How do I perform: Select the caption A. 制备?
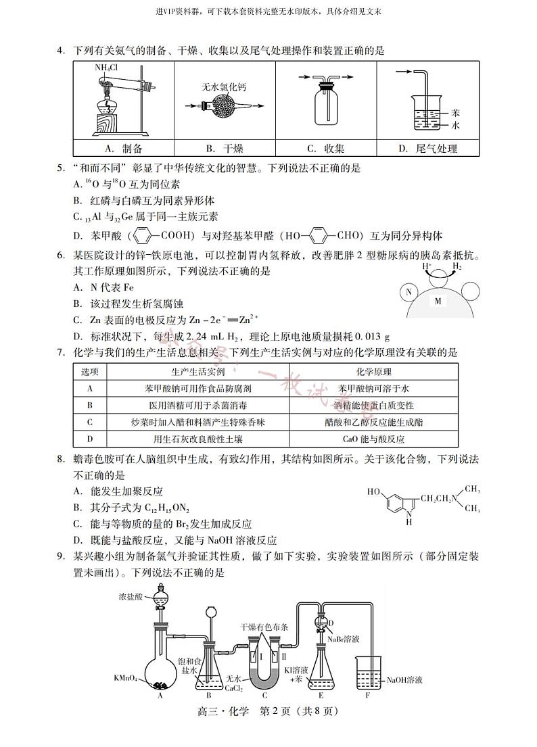[124, 149]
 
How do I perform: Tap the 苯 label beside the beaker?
[456, 113]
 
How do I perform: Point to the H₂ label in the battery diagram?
[457, 267]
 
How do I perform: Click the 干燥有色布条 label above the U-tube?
[264, 627]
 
